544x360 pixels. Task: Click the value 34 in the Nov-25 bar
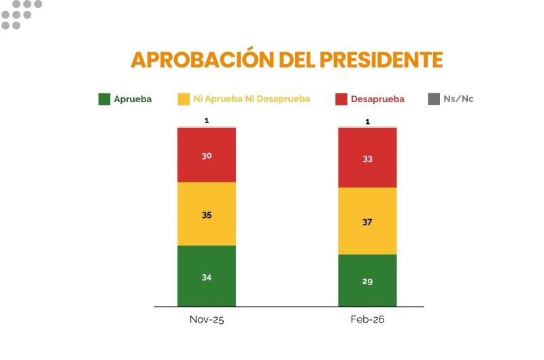pyautogui.click(x=206, y=277)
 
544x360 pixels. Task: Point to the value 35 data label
pyautogui.click(x=206, y=215)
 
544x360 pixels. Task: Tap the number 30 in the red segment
pyautogui.click(x=206, y=156)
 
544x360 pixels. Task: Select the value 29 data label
pyautogui.click(x=367, y=281)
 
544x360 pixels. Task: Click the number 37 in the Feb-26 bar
pyautogui.click(x=367, y=222)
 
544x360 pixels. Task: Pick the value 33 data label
pyautogui.click(x=367, y=159)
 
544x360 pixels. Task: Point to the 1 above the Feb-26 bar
pyautogui.click(x=367, y=122)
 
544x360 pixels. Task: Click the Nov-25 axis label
pyautogui.click(x=206, y=319)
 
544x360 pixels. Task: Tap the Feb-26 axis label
pyautogui.click(x=367, y=319)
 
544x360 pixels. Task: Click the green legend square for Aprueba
pyautogui.click(x=104, y=99)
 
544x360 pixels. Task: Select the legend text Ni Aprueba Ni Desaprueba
pyautogui.click(x=251, y=99)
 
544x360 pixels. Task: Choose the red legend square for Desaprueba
pyautogui.click(x=341, y=99)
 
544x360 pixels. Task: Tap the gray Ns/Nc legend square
pyautogui.click(x=434, y=99)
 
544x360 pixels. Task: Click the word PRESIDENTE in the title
pyautogui.click(x=380, y=60)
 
